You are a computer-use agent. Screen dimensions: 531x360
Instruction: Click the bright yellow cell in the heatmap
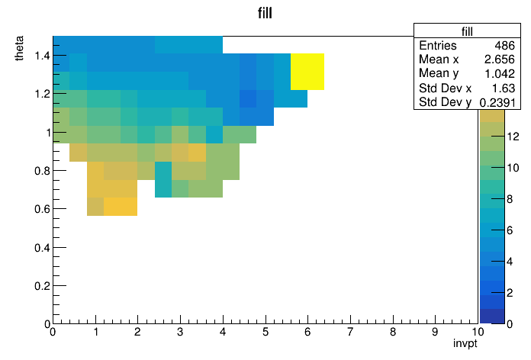(x=307, y=72)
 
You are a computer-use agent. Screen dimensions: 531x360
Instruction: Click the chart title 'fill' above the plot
(x=265, y=13)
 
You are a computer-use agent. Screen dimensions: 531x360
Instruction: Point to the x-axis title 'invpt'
(x=465, y=343)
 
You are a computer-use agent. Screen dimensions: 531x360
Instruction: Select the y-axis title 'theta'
(x=19, y=48)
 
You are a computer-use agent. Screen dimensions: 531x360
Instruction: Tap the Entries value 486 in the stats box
(x=504, y=45)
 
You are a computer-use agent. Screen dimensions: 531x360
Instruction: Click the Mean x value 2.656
(x=500, y=59)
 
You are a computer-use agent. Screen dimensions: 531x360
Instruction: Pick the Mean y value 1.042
(x=500, y=73)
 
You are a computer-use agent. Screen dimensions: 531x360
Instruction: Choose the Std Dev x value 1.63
(x=504, y=88)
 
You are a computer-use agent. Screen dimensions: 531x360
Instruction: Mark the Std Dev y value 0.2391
(x=497, y=102)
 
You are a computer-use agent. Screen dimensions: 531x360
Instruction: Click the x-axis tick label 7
(x=350, y=332)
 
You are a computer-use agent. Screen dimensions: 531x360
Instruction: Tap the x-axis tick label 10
(x=478, y=332)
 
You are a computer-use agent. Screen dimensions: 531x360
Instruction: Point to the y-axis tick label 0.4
(x=42, y=248)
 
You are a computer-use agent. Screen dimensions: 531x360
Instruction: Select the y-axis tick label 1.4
(x=42, y=55)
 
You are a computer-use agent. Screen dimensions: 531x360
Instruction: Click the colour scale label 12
(x=513, y=137)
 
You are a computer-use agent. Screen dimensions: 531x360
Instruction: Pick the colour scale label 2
(x=510, y=293)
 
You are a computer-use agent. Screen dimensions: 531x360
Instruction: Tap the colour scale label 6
(x=510, y=230)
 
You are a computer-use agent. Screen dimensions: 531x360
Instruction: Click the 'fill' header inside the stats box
(x=467, y=31)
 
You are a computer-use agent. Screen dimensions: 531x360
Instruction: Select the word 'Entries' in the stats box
(x=437, y=45)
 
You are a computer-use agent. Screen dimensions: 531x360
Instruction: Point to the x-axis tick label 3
(x=180, y=332)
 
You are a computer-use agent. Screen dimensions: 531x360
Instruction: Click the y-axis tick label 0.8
(x=42, y=171)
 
